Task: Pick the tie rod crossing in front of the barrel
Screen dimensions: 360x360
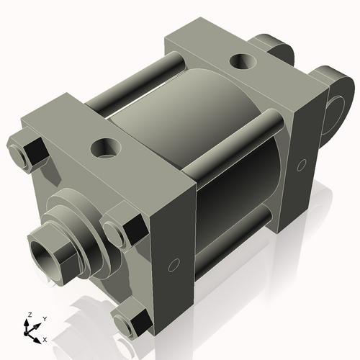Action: pos(238,155)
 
